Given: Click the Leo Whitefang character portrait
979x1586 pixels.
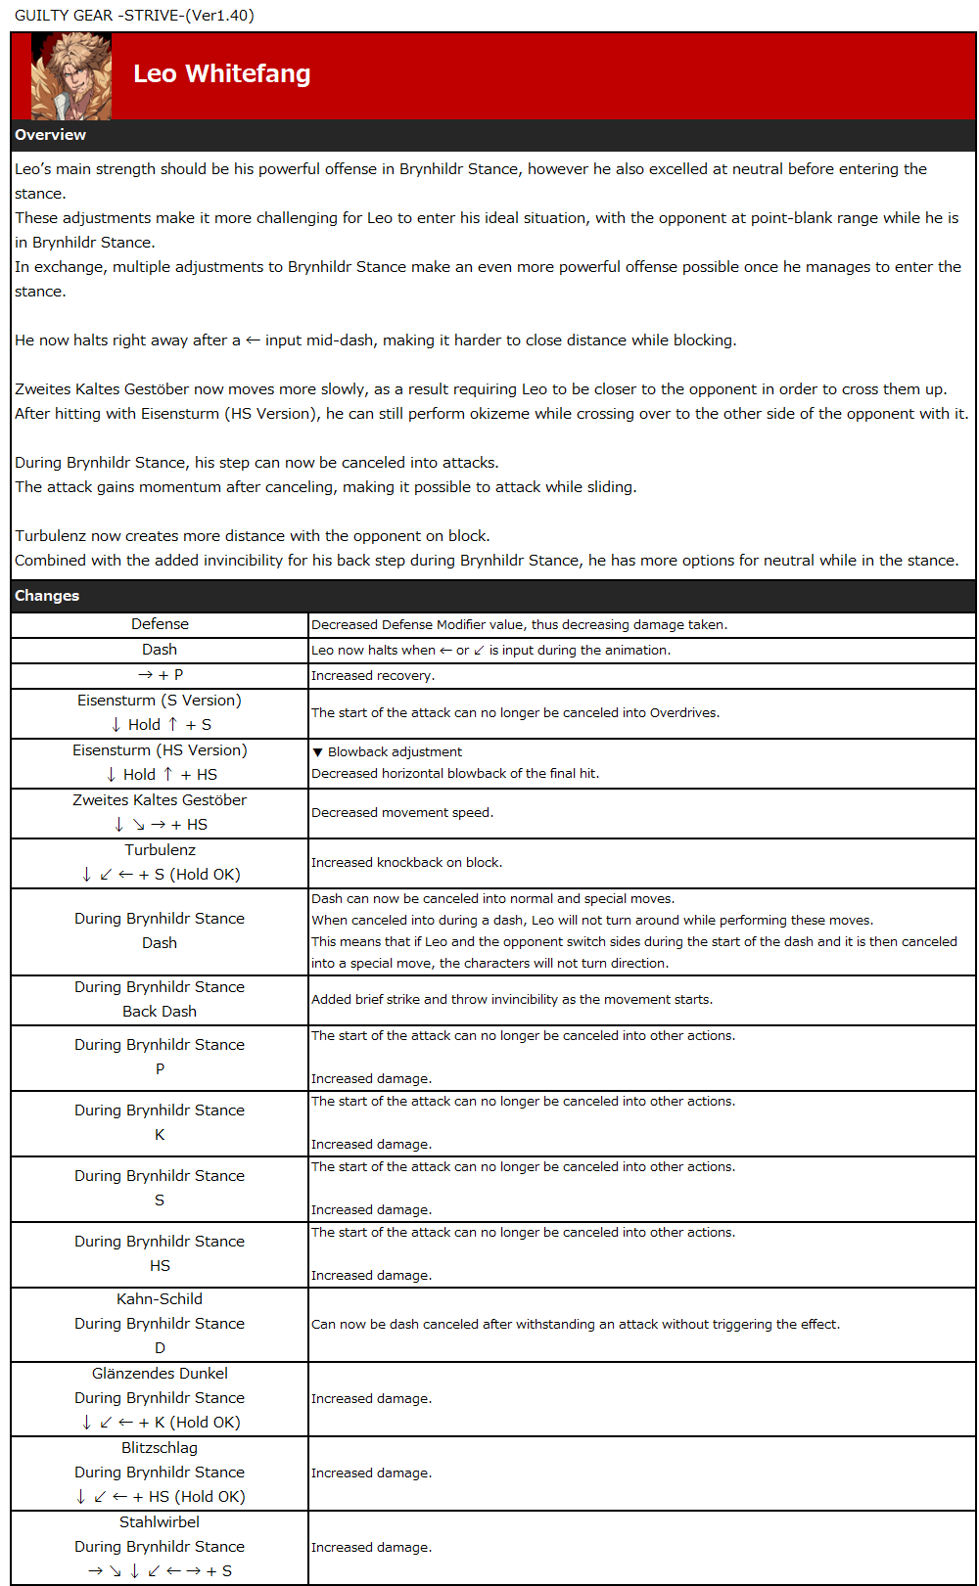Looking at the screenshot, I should tap(71, 76).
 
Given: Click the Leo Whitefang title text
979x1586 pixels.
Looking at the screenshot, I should tap(222, 74).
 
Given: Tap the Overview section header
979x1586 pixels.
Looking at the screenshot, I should tap(50, 135).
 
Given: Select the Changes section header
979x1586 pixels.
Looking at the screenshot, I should tap(47, 596).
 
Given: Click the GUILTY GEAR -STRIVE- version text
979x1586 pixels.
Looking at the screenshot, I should tap(134, 15).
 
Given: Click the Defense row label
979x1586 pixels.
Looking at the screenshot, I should tap(160, 624).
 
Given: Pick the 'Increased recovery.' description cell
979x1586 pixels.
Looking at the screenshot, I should tap(373, 676).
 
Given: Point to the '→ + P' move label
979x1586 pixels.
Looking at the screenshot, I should tap(160, 675).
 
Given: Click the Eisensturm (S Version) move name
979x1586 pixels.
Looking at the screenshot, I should tap(160, 701).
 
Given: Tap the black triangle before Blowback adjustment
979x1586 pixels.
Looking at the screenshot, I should tap(317, 752).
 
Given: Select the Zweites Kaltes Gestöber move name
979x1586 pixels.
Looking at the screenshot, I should tap(160, 800).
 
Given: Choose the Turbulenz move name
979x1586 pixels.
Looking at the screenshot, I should tap(160, 850).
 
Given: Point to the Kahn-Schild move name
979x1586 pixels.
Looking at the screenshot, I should tap(160, 1299).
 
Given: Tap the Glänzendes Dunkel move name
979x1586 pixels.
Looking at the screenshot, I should tap(160, 1374).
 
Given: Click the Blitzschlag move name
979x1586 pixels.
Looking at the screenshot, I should tap(160, 1448).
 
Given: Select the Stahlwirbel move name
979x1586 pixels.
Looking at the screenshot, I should tap(160, 1522).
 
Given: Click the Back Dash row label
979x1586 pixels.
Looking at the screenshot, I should tap(160, 1012).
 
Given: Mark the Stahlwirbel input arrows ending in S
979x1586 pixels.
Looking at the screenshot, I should tap(160, 1571).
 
